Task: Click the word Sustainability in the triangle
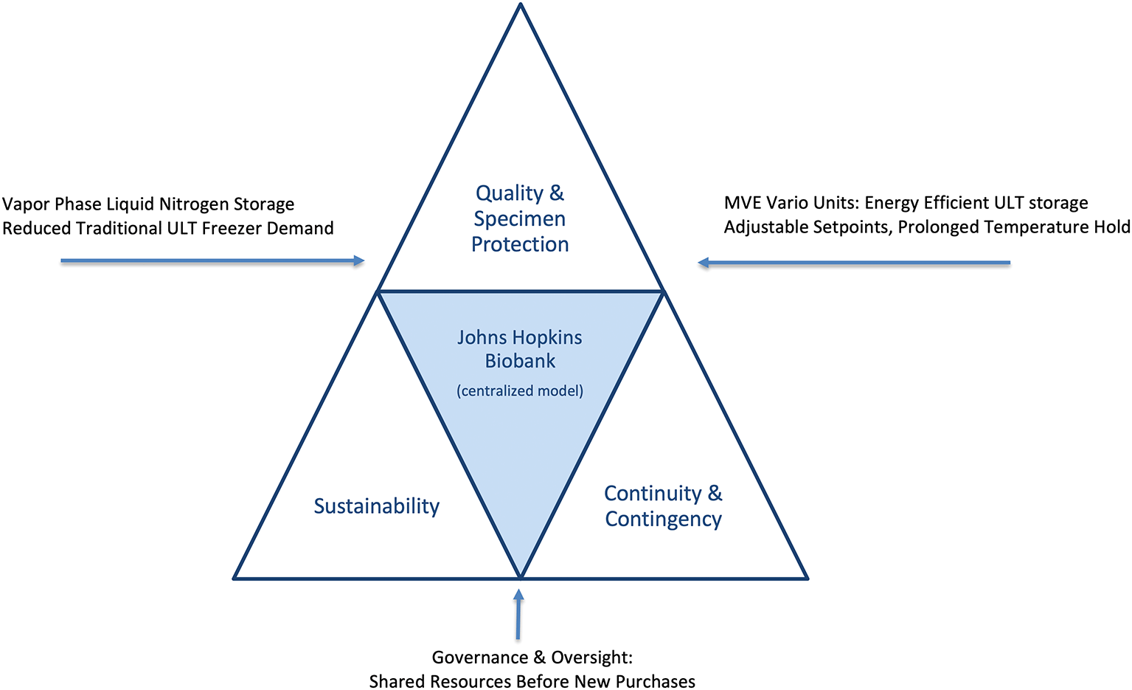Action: pyautogui.click(x=376, y=506)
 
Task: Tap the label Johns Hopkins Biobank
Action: pyautogui.click(x=520, y=349)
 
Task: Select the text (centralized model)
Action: pyautogui.click(x=520, y=390)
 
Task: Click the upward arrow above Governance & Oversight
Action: pyautogui.click(x=518, y=613)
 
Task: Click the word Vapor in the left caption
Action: pyautogui.click(x=26, y=204)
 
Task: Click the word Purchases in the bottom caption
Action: pyautogui.click(x=655, y=682)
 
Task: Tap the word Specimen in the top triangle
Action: pyautogui.click(x=519, y=219)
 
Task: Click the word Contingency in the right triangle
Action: pyautogui.click(x=663, y=520)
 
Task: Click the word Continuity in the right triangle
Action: pyautogui.click(x=653, y=493)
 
